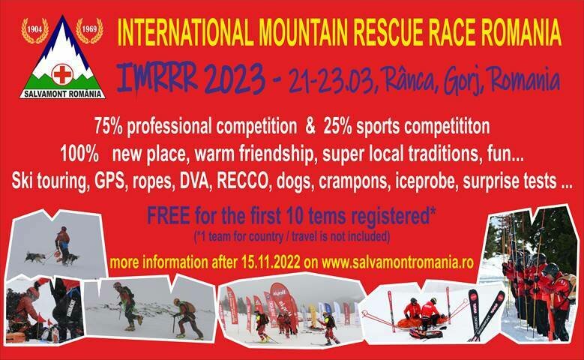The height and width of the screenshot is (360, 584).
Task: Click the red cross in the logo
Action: tap(61, 74)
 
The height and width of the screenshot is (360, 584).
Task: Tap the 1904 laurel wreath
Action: tap(34, 31)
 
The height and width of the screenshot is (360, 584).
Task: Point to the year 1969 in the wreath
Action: tap(89, 31)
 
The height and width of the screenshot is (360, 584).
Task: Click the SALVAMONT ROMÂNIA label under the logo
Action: tap(62, 93)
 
